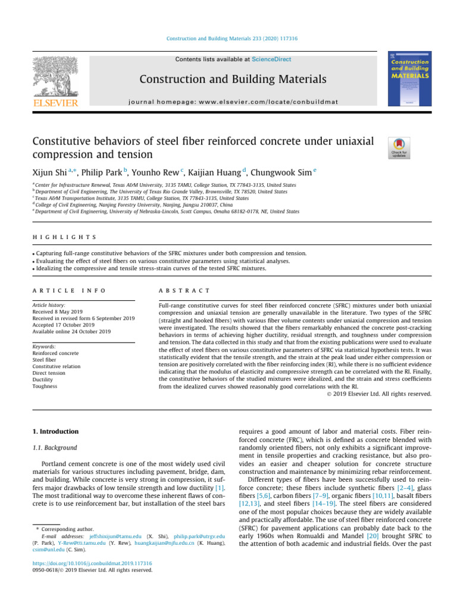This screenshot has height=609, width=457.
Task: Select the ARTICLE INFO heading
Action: pos(68,290)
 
